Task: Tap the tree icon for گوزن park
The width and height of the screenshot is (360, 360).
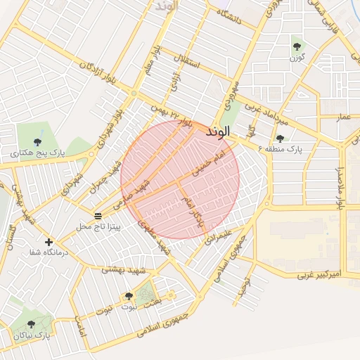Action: [x=296, y=47]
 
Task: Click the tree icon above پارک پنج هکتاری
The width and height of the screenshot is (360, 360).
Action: [x=37, y=141]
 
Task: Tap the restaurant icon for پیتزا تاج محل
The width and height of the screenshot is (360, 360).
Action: [x=98, y=215]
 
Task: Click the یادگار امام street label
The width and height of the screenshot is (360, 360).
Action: [x=193, y=211]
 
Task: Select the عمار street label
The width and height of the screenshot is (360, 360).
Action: [x=343, y=115]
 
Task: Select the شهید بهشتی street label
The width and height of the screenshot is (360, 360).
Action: [x=126, y=269]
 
